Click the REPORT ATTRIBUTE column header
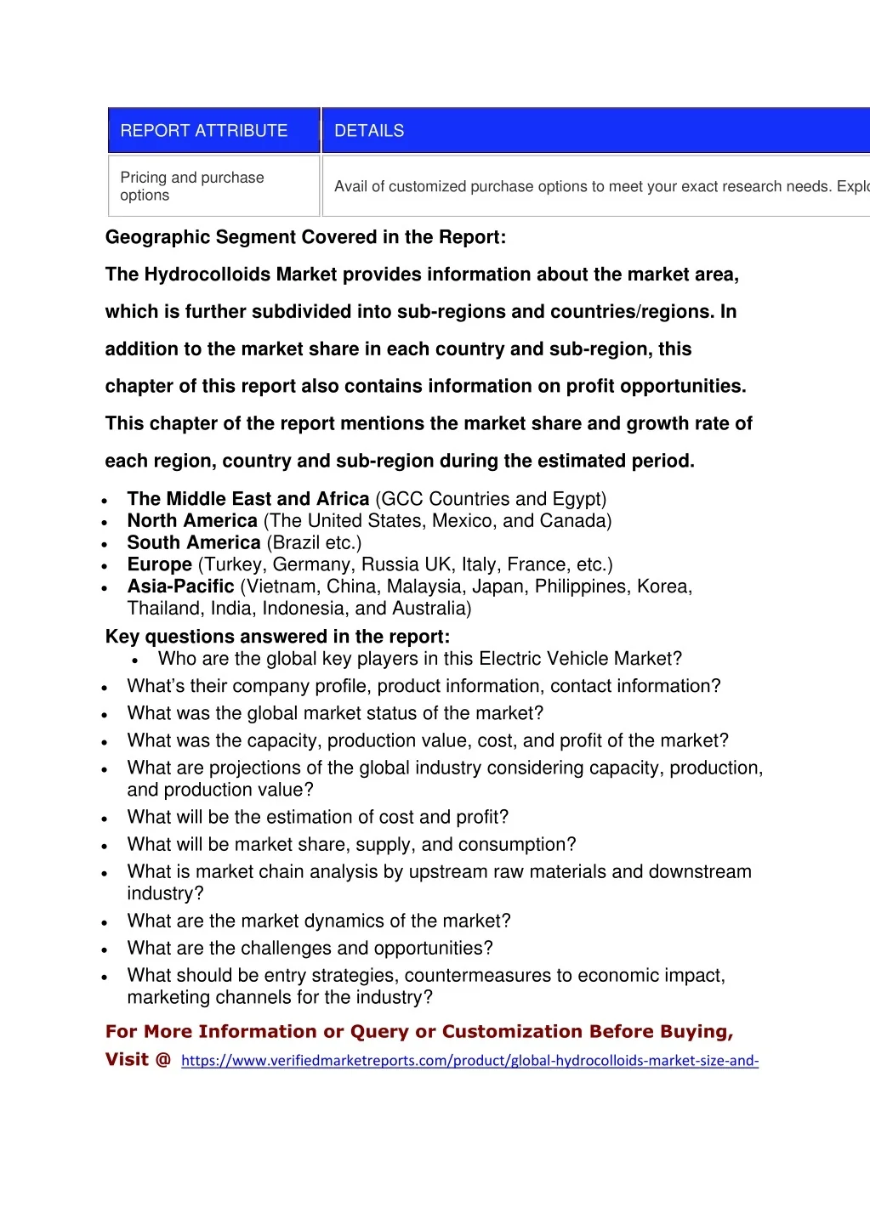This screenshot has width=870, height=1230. (x=204, y=131)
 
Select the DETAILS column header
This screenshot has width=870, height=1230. (x=369, y=131)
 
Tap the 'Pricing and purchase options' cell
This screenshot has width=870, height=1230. (x=192, y=186)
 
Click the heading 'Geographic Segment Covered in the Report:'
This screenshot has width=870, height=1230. (x=305, y=237)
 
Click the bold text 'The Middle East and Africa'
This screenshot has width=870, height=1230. (x=248, y=499)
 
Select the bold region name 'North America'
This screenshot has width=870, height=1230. (x=192, y=521)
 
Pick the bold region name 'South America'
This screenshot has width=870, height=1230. (x=194, y=543)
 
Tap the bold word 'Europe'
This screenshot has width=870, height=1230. (x=160, y=564)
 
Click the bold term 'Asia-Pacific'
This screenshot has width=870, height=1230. (x=180, y=587)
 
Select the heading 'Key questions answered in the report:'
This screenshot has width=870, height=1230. (x=277, y=637)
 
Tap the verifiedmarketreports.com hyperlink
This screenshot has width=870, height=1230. (x=469, y=1061)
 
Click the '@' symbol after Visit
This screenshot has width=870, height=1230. (x=163, y=1059)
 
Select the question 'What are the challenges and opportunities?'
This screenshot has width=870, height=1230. (x=310, y=949)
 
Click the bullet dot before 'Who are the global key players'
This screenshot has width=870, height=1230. (x=135, y=660)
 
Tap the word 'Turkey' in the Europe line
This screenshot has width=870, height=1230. (x=231, y=564)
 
